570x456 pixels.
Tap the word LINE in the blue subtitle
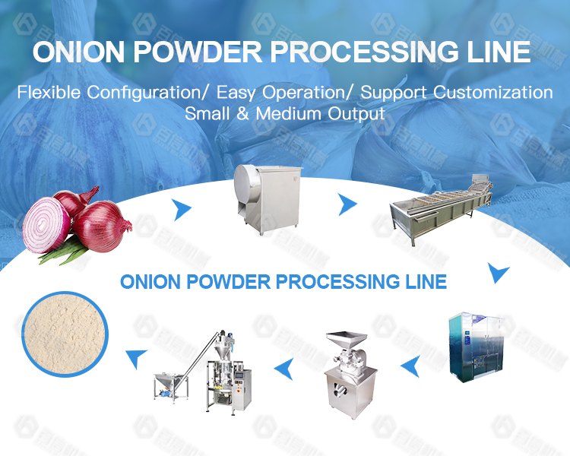[x=423, y=281]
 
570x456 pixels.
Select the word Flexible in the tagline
[x=49, y=93]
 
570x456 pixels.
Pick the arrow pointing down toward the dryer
[x=499, y=271]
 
